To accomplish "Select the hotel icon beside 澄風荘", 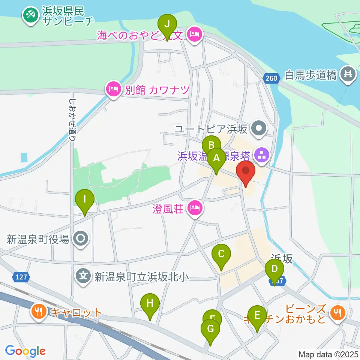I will coord(194,207).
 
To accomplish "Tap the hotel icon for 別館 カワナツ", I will coord(113,89).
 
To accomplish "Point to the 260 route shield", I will coord(271,78).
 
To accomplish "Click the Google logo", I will coord(25,351).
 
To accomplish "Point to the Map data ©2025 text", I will coord(328,354).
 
